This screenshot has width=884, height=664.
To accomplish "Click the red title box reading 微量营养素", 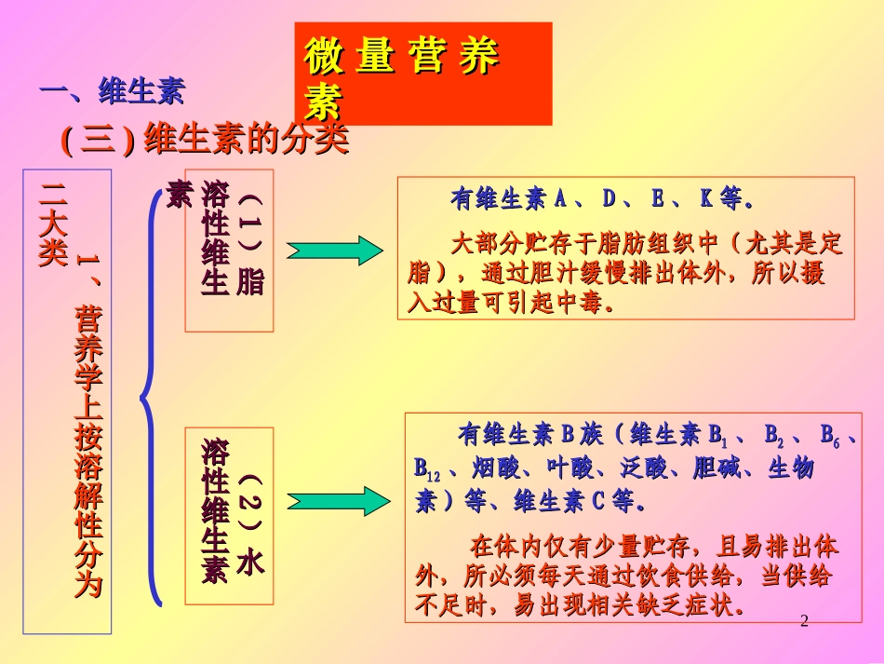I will (x=422, y=74).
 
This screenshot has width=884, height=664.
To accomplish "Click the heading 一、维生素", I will (x=112, y=91).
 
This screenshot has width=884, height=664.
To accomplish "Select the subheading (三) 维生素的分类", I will (x=205, y=141).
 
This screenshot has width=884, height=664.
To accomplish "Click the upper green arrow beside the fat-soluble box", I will (x=334, y=251).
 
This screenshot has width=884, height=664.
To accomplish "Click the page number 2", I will (x=805, y=621).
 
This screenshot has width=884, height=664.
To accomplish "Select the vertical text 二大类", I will (x=52, y=224).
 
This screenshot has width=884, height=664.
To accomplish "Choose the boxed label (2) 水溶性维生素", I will (x=230, y=512).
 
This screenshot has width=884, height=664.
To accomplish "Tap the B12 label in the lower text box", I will (x=426, y=468).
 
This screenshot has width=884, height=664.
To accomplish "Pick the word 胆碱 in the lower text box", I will (x=716, y=468).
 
